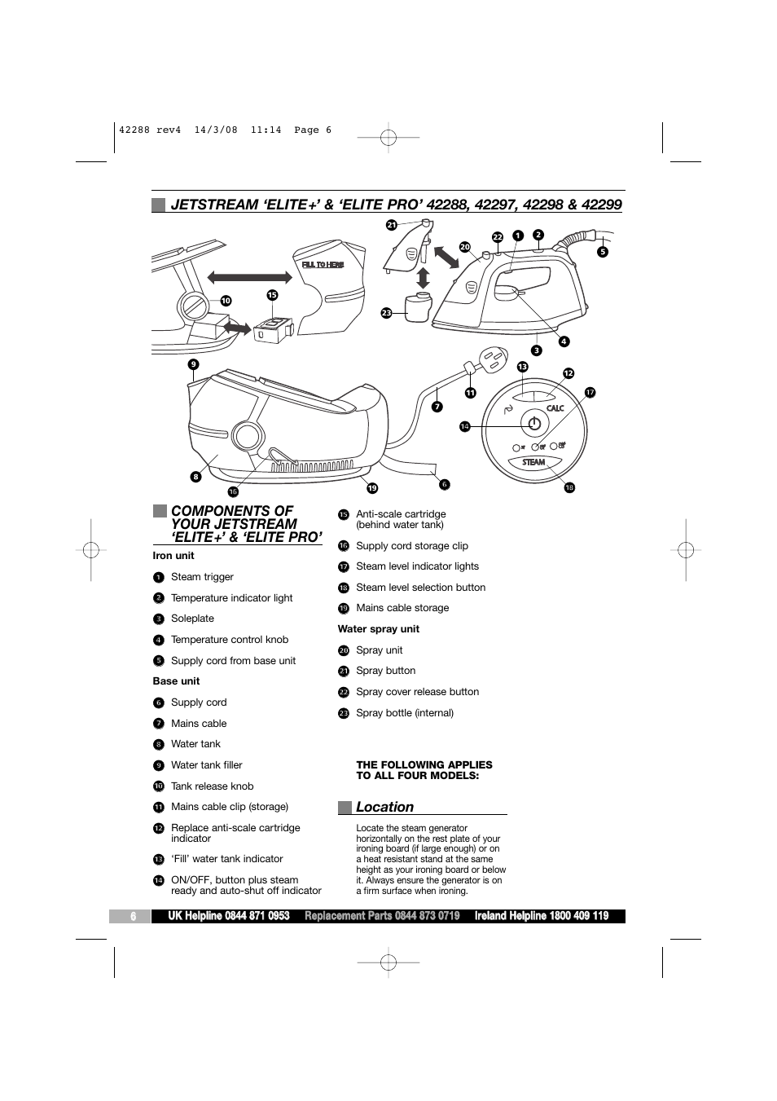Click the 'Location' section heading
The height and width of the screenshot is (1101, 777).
[384, 807]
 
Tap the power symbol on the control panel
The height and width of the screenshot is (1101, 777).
[533, 424]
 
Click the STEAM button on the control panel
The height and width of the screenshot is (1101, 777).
[533, 462]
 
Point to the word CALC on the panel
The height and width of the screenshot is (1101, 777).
[555, 408]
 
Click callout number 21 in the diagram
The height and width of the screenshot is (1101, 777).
[391, 225]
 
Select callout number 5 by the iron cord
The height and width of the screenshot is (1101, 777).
[603, 252]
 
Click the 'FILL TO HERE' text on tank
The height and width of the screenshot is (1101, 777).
[323, 265]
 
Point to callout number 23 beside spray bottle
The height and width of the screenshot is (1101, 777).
[386, 312]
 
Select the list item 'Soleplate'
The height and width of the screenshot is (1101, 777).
[192, 619]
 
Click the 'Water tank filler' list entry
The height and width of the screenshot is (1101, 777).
[206, 765]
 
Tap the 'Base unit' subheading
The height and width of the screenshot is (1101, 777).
[176, 681]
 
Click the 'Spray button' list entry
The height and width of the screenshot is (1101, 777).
[385, 671]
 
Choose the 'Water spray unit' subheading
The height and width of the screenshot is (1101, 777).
[379, 629]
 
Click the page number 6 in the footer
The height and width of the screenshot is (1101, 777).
[133, 916]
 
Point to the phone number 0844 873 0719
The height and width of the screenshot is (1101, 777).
[427, 916]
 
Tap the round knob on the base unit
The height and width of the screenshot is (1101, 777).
[247, 436]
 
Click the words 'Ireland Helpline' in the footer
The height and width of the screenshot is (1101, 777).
[511, 916]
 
